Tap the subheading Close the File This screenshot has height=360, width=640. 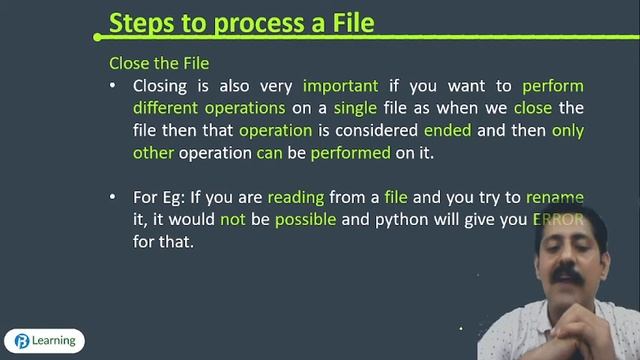[x=159, y=63]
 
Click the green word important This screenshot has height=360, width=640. [x=341, y=86]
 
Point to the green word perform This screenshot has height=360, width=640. [x=552, y=86]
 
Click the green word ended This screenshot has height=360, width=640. [x=448, y=131]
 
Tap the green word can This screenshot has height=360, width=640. [x=269, y=153]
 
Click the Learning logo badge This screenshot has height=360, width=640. [x=44, y=340]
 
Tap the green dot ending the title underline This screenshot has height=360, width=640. [x=96, y=37]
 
